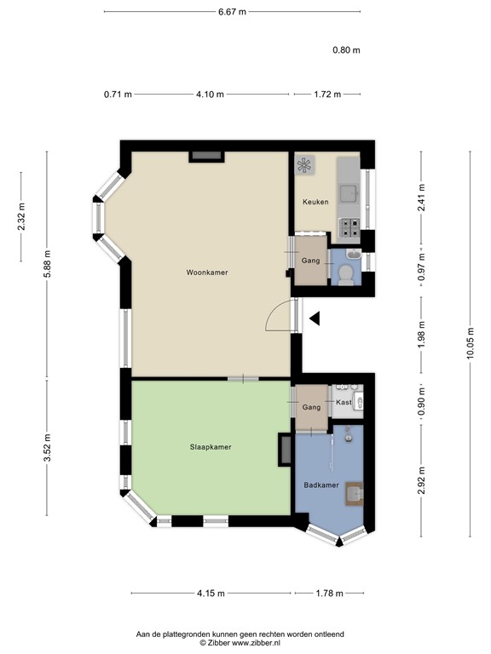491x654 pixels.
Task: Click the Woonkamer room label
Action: pyautogui.click(x=207, y=272)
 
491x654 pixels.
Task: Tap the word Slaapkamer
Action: pyautogui.click(x=211, y=446)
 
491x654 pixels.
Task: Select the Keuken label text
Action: pyautogui.click(x=315, y=202)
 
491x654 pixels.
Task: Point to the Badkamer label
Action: pyautogui.click(x=321, y=485)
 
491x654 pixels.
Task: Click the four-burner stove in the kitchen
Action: pyautogui.click(x=349, y=226)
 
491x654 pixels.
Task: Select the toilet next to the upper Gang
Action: pyautogui.click(x=345, y=272)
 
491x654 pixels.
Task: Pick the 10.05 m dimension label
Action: pyautogui.click(x=470, y=344)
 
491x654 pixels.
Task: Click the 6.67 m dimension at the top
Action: pyautogui.click(x=231, y=12)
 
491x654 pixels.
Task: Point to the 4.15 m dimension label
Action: pyautogui.click(x=211, y=594)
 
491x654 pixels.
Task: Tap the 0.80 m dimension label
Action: pyautogui.click(x=346, y=50)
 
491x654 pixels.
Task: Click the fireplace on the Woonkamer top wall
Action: pyautogui.click(x=207, y=156)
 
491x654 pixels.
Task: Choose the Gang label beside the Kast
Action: pyautogui.click(x=311, y=408)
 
